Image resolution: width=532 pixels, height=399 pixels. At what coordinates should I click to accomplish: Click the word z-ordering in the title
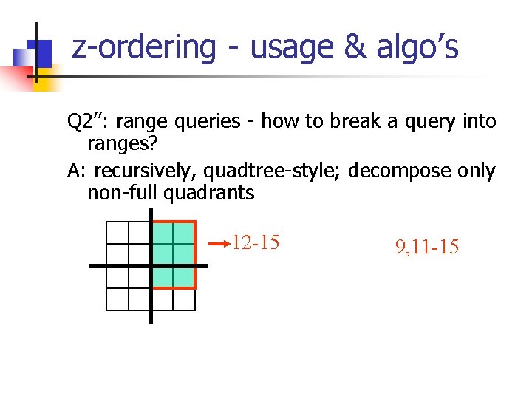click(143, 47)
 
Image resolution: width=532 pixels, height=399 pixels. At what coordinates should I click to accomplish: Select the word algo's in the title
click(417, 47)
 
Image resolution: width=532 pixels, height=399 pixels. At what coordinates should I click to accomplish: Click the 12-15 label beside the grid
click(255, 242)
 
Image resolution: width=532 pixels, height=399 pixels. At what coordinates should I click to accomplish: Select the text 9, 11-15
click(426, 248)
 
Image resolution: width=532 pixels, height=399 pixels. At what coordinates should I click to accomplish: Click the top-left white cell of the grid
click(117, 233)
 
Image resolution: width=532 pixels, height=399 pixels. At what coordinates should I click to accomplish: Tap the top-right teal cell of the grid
click(184, 233)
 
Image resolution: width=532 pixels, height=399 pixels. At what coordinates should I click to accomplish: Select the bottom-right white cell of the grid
click(184, 299)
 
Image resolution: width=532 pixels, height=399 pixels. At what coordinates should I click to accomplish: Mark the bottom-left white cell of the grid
click(117, 299)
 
